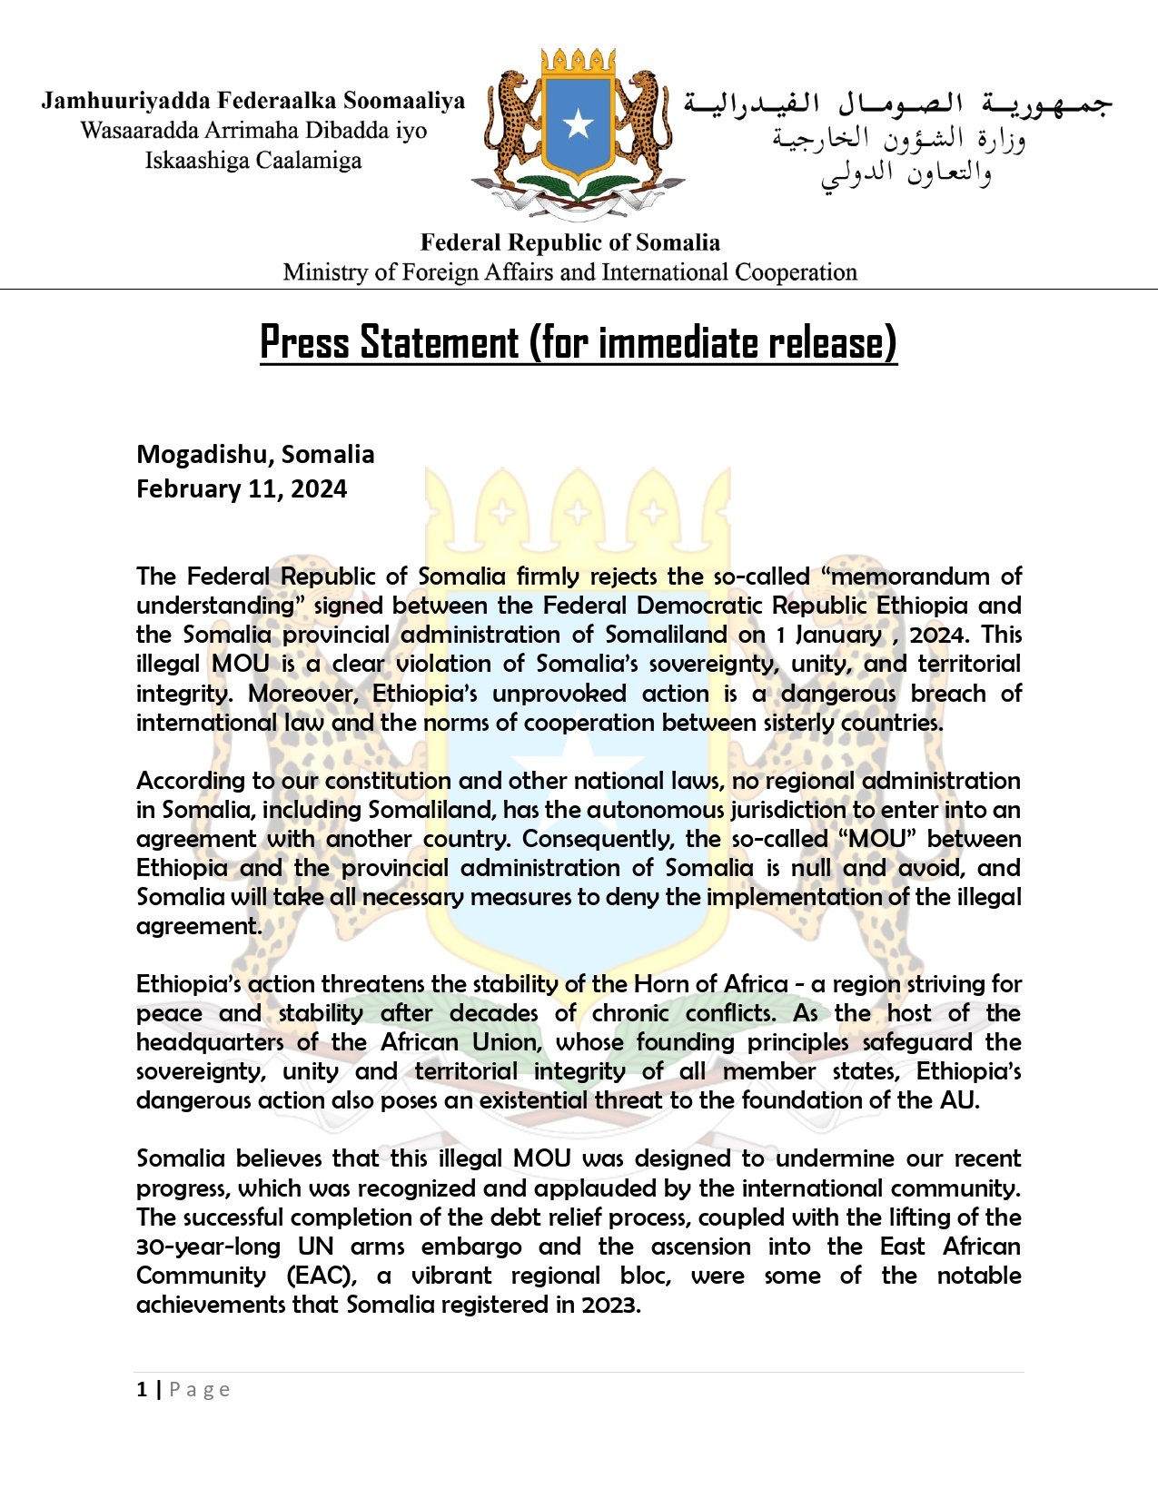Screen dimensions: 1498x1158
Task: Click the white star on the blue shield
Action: click(579, 123)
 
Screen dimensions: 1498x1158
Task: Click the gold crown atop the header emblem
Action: click(578, 64)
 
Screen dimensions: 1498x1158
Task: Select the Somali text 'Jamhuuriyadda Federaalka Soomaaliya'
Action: click(252, 101)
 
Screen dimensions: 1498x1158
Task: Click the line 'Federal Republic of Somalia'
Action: click(569, 242)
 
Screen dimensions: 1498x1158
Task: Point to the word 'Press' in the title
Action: click(304, 342)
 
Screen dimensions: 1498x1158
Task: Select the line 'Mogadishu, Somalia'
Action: click(255, 454)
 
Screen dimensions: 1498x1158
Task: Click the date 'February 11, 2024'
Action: click(242, 488)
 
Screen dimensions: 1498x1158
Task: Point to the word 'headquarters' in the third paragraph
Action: click(210, 1042)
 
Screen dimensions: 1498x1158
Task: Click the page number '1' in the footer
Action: click(142, 1389)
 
